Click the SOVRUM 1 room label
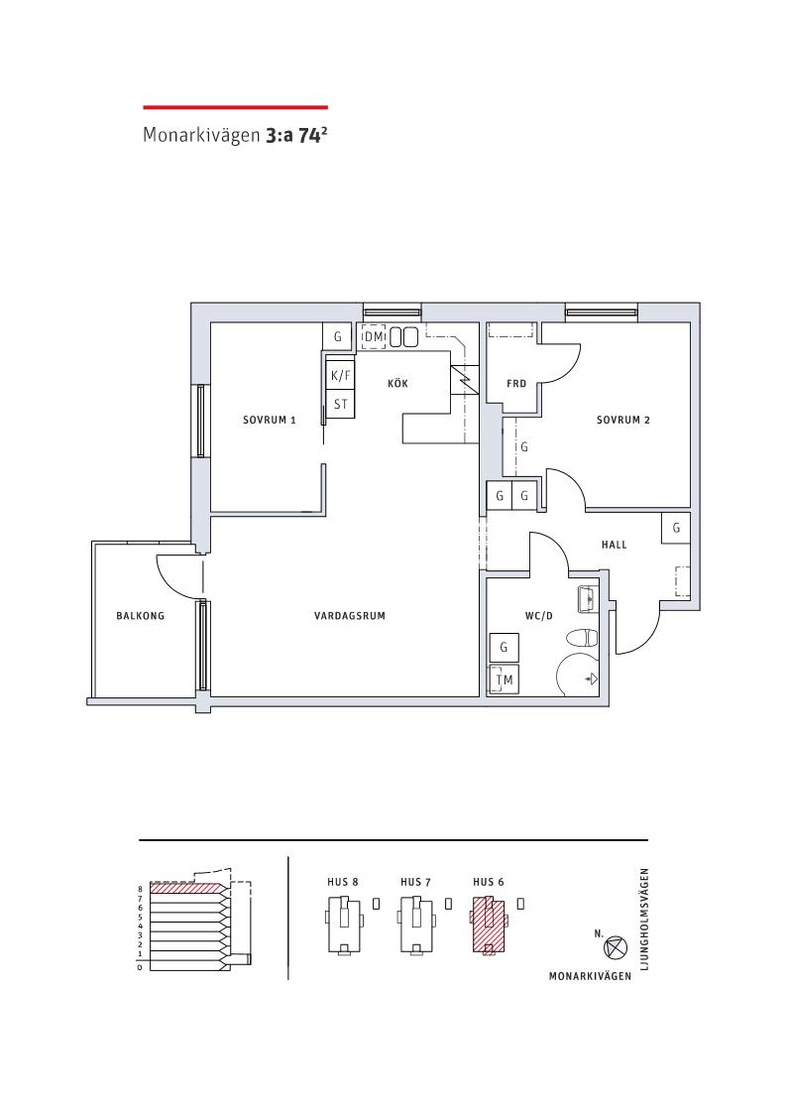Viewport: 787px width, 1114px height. coord(269,420)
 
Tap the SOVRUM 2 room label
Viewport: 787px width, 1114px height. coord(623,420)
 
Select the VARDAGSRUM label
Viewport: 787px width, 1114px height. coord(350,616)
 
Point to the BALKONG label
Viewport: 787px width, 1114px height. coord(140,616)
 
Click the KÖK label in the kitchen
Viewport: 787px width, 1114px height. coord(398,384)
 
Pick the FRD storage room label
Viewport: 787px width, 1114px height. coord(516,384)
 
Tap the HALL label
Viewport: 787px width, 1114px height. coord(614,545)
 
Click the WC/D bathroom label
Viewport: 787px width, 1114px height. coord(538,616)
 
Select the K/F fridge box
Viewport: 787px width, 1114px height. coord(341,375)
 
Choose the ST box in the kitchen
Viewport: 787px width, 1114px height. coord(341,404)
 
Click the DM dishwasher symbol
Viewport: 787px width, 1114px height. coord(374,336)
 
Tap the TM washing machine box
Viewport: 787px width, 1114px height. coord(504,680)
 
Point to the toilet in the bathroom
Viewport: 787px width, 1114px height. coord(585,637)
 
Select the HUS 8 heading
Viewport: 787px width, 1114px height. coord(343,882)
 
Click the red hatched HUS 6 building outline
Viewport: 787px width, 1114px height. coord(489,925)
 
